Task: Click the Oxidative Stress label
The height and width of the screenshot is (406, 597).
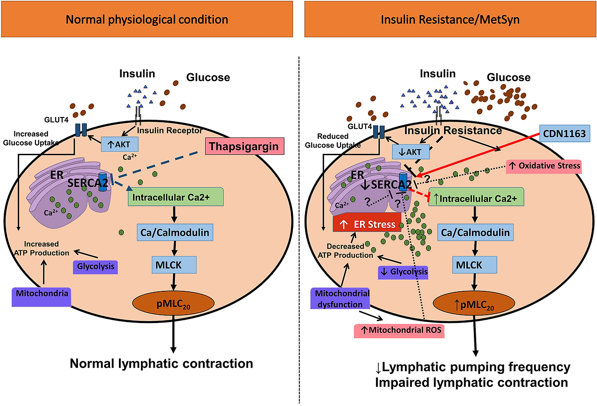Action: click(545, 165)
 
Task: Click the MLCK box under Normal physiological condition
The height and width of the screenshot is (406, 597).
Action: click(174, 265)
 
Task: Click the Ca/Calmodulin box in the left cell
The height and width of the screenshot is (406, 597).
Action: click(174, 231)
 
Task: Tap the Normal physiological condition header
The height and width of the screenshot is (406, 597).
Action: click(146, 19)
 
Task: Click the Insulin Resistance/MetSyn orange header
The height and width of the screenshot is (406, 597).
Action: click(450, 19)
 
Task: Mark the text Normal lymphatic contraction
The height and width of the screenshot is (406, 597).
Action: click(161, 363)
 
